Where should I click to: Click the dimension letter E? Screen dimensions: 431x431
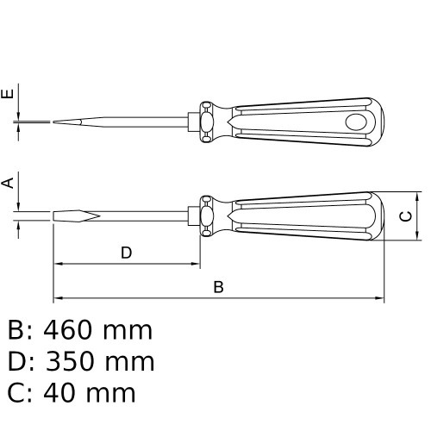coord(8,94)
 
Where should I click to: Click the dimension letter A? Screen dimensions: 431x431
coord(8,183)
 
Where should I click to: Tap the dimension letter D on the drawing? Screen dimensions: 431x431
coord(126,253)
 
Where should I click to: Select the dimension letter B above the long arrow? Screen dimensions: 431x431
coord(218,287)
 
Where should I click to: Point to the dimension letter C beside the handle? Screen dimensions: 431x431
coord(406,216)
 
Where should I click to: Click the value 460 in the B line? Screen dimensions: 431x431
coord(68,330)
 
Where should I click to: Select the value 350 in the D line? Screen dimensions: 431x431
coord(71,361)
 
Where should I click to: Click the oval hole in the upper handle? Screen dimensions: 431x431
coord(356,122)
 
